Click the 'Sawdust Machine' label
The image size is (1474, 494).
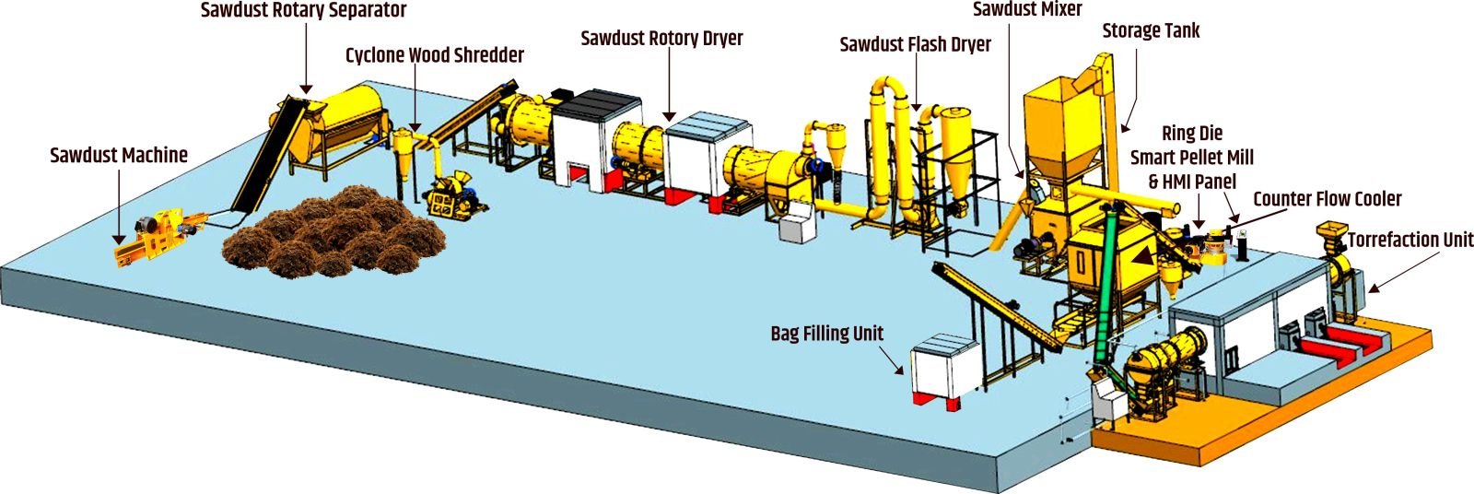tap(119, 156)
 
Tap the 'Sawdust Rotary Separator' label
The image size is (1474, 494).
tap(303, 12)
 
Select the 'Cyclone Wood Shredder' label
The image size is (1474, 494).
tap(435, 55)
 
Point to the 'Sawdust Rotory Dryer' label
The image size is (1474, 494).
tap(661, 39)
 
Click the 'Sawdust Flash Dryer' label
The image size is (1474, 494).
tap(915, 44)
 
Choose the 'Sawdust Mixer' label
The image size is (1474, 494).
tap(1027, 10)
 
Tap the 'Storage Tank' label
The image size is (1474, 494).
tap(1151, 31)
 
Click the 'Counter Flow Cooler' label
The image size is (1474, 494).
tap(1328, 199)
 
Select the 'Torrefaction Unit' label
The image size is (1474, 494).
tap(1410, 241)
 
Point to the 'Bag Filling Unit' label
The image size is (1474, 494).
tap(826, 334)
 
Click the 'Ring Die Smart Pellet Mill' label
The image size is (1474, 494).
tap(1192, 158)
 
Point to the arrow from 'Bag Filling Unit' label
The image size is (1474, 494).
tap(895, 360)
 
